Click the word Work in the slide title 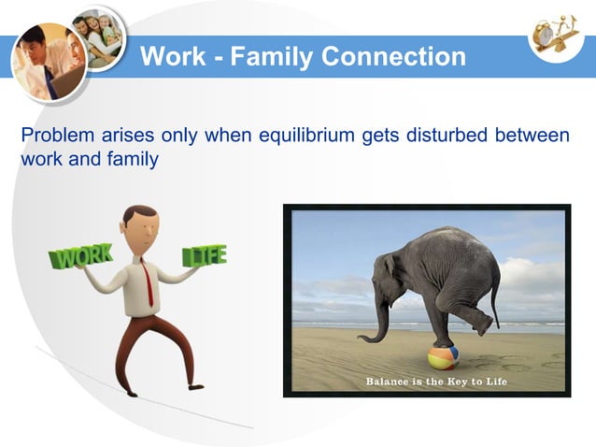[169, 57]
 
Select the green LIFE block [204, 255]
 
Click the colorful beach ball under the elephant [443, 357]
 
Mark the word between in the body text [528, 136]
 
